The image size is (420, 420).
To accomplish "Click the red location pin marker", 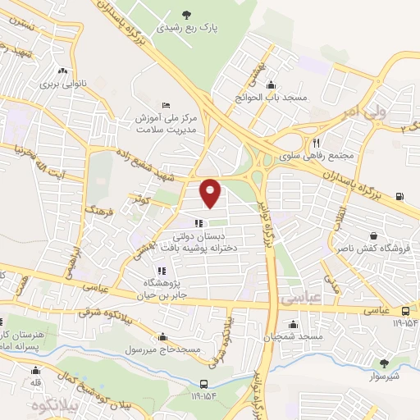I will pos(211,193).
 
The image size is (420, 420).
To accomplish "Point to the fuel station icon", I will pos(399,195).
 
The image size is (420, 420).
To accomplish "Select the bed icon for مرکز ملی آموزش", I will pos(167,106).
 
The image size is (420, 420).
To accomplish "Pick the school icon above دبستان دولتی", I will pos(198,223).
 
